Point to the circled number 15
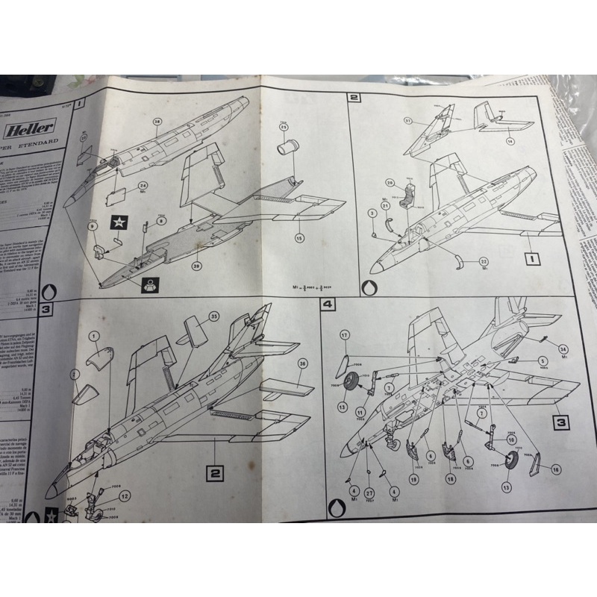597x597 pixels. click(x=299, y=239)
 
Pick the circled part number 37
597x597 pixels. click(x=408, y=120)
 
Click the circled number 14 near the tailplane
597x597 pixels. click(x=511, y=140)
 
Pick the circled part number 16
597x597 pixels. click(x=554, y=469)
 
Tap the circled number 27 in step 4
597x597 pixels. click(x=369, y=493)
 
